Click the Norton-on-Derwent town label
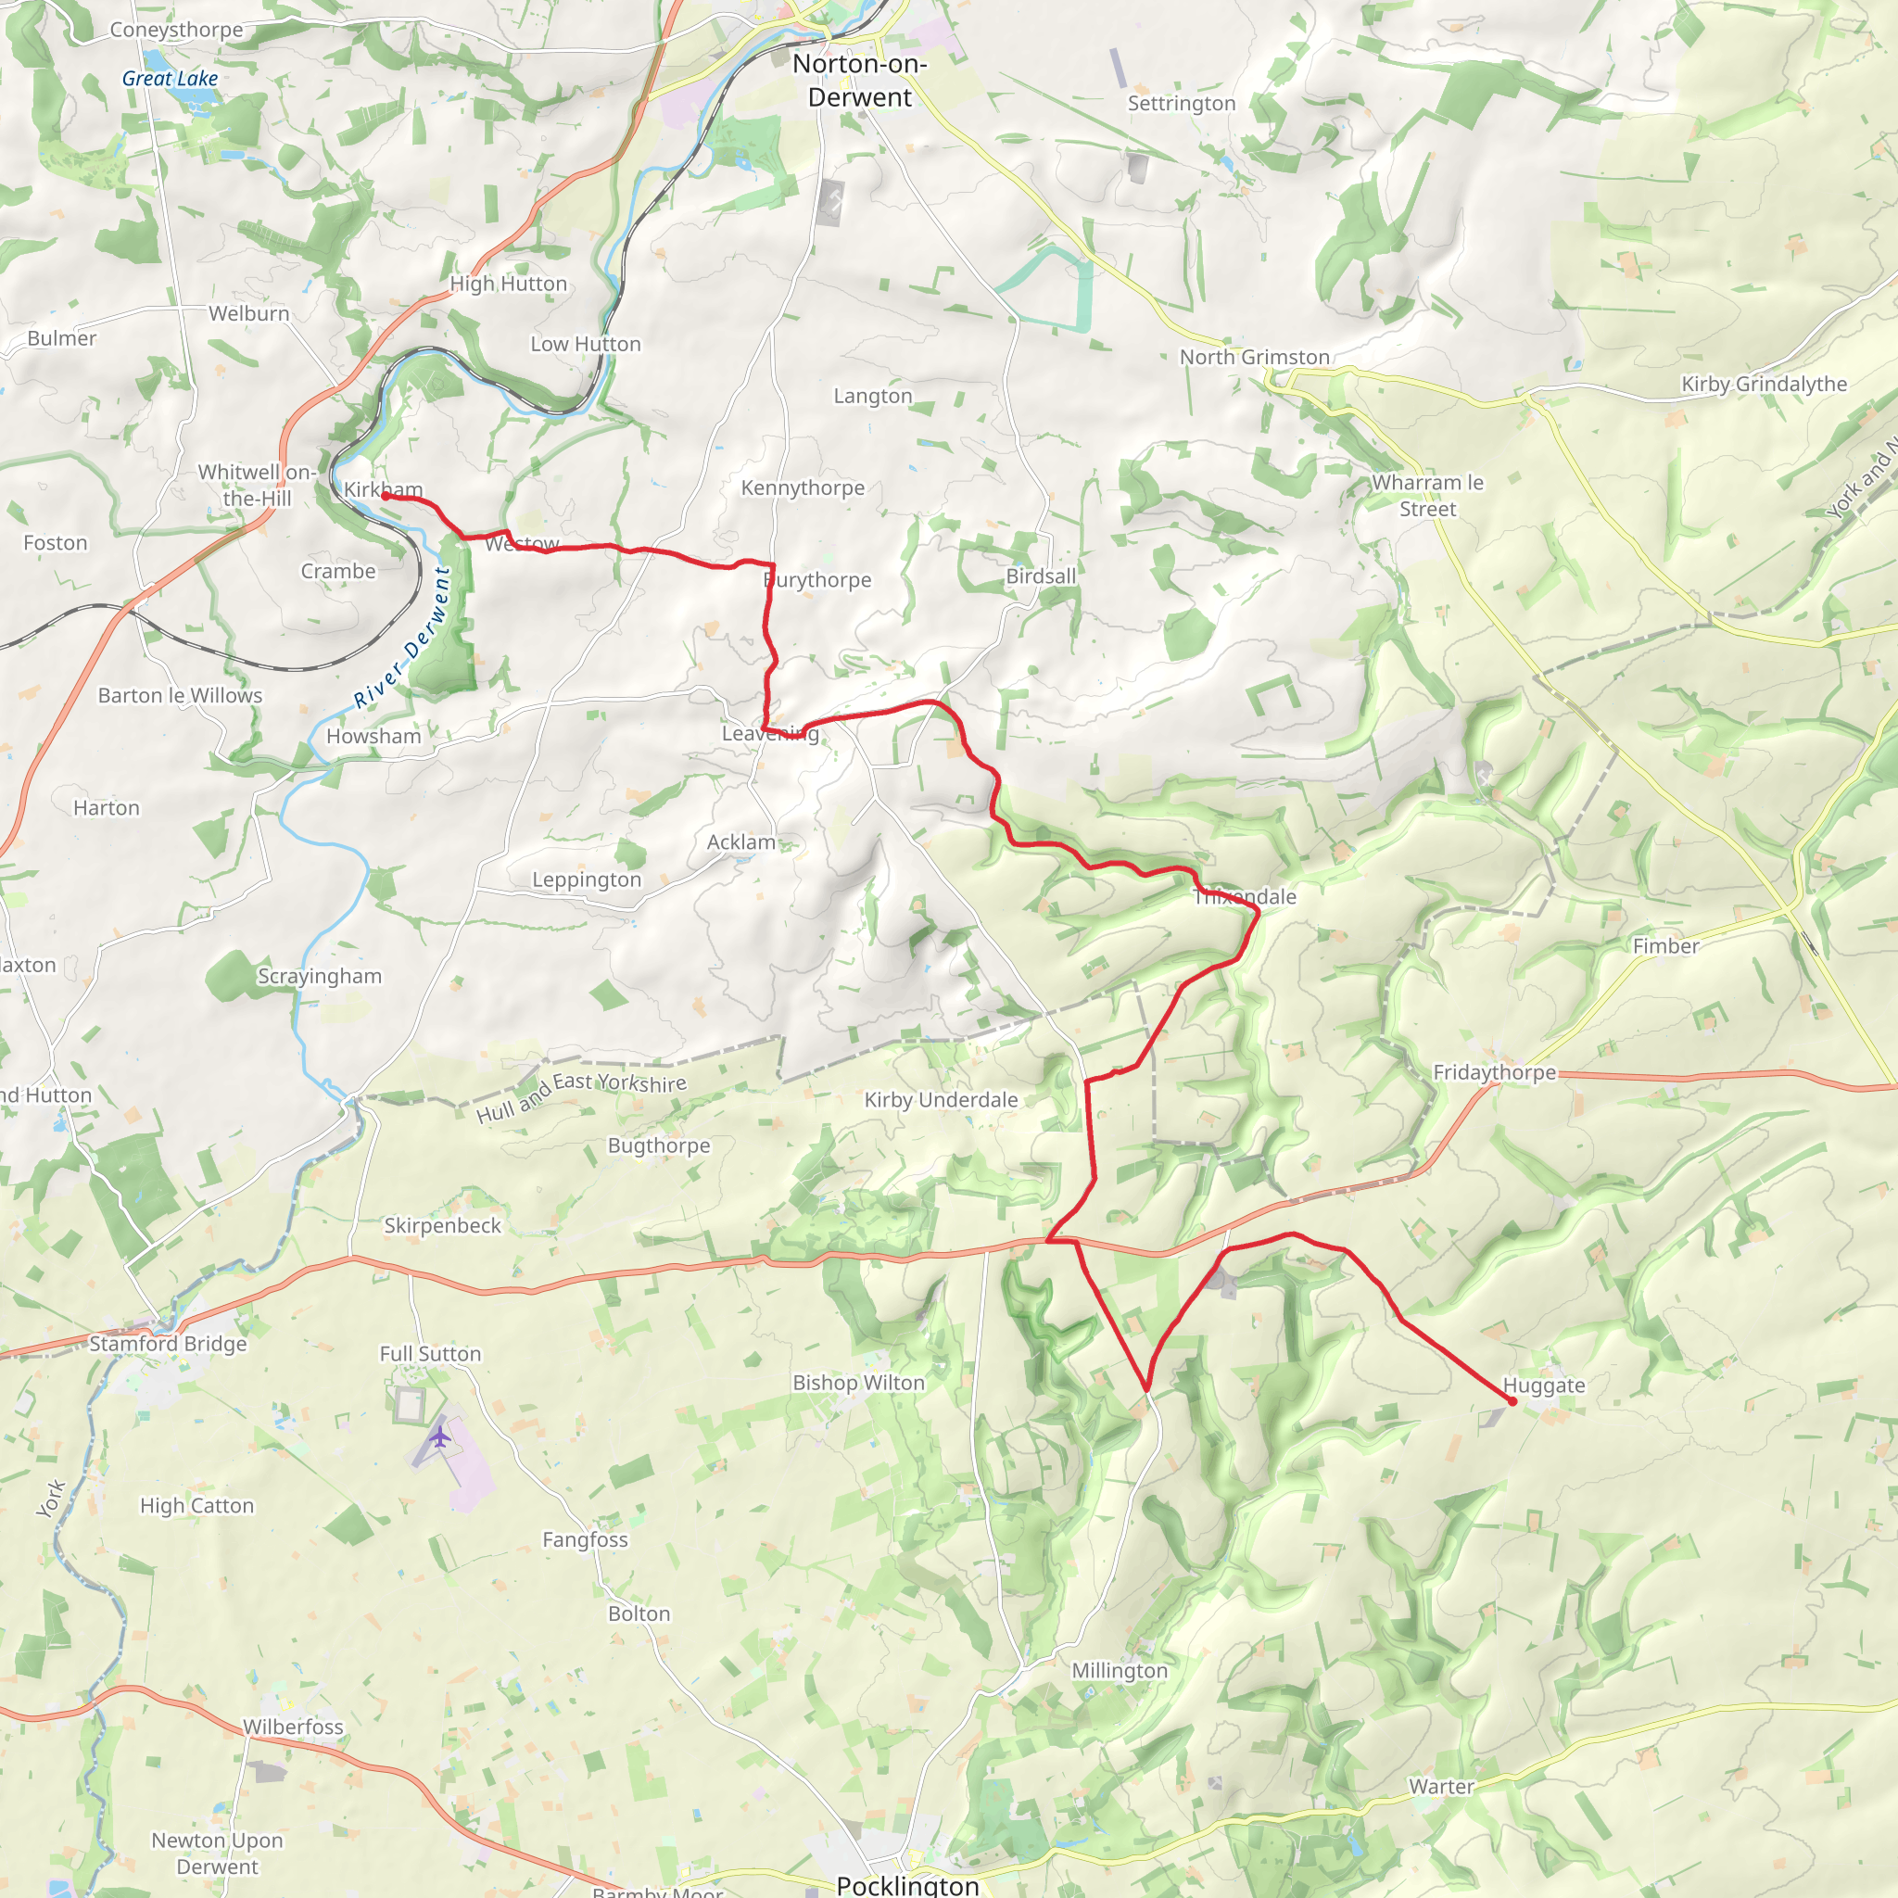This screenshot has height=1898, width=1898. (860, 81)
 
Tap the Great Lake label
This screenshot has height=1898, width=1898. (170, 79)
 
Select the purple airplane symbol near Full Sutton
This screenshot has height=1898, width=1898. (440, 1438)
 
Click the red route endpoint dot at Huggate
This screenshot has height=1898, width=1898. (1512, 1401)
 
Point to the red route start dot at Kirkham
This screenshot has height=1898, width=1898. (386, 496)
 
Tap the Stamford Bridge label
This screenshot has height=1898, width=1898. (168, 1344)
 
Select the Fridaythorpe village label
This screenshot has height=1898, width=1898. (1494, 1073)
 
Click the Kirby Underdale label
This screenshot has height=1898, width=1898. (940, 1100)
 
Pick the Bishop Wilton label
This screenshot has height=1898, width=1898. (858, 1382)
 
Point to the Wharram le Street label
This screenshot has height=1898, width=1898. (1427, 495)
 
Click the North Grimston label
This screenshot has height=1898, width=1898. (1255, 358)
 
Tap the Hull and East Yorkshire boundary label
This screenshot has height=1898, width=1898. (582, 1095)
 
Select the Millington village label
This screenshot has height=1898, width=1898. (1119, 1670)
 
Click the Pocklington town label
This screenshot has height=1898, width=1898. (907, 1884)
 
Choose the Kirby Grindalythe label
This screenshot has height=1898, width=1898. (1764, 384)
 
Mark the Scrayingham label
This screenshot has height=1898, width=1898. (320, 977)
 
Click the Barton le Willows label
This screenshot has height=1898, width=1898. (180, 696)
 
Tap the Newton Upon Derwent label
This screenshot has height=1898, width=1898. (217, 1853)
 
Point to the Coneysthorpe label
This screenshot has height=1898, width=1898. (176, 30)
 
